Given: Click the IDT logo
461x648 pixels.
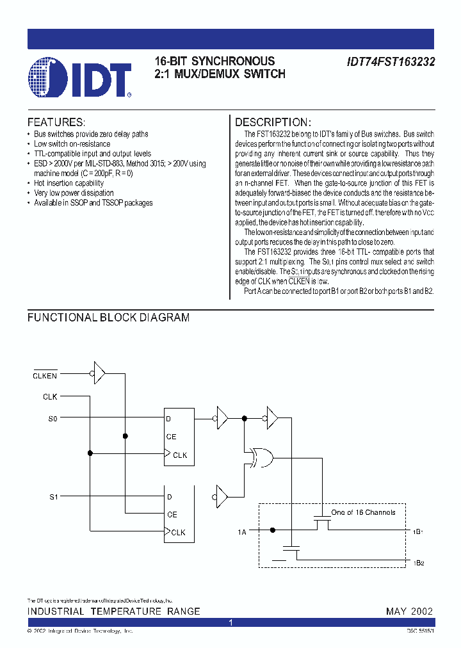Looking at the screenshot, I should click(x=79, y=77).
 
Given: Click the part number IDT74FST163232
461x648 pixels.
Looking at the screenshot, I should click(x=391, y=62).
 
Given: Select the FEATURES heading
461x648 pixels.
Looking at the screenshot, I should click(x=56, y=122).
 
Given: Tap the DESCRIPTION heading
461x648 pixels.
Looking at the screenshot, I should click(x=273, y=122).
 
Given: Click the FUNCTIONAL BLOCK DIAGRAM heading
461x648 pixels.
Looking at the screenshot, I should click(x=108, y=318).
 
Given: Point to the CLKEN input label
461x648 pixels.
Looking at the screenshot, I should click(x=45, y=376).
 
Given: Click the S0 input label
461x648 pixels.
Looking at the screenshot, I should click(x=53, y=419).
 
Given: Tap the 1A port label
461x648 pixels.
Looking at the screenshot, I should click(x=242, y=531).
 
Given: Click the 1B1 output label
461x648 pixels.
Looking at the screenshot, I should click(x=418, y=531).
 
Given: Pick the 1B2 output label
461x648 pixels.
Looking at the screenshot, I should click(x=418, y=563).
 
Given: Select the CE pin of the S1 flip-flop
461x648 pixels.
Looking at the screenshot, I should click(x=172, y=514).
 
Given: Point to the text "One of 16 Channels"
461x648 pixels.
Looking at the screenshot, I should click(x=363, y=512).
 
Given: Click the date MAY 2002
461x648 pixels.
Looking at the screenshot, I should click(x=409, y=612).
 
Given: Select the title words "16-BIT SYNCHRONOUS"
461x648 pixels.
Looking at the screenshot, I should click(x=214, y=61).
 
